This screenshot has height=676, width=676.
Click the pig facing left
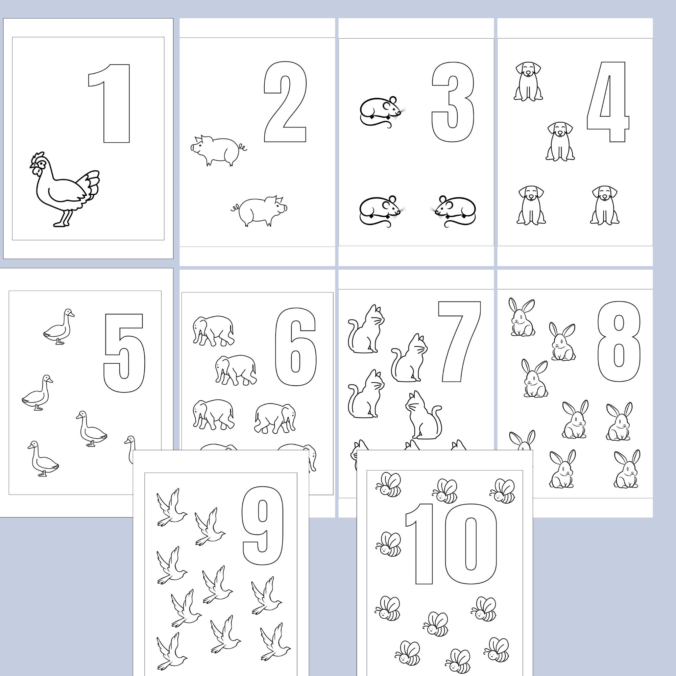(217, 150)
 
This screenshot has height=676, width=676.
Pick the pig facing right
(261, 211)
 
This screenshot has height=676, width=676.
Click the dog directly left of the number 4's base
(560, 142)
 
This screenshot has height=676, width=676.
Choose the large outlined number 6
(296, 346)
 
